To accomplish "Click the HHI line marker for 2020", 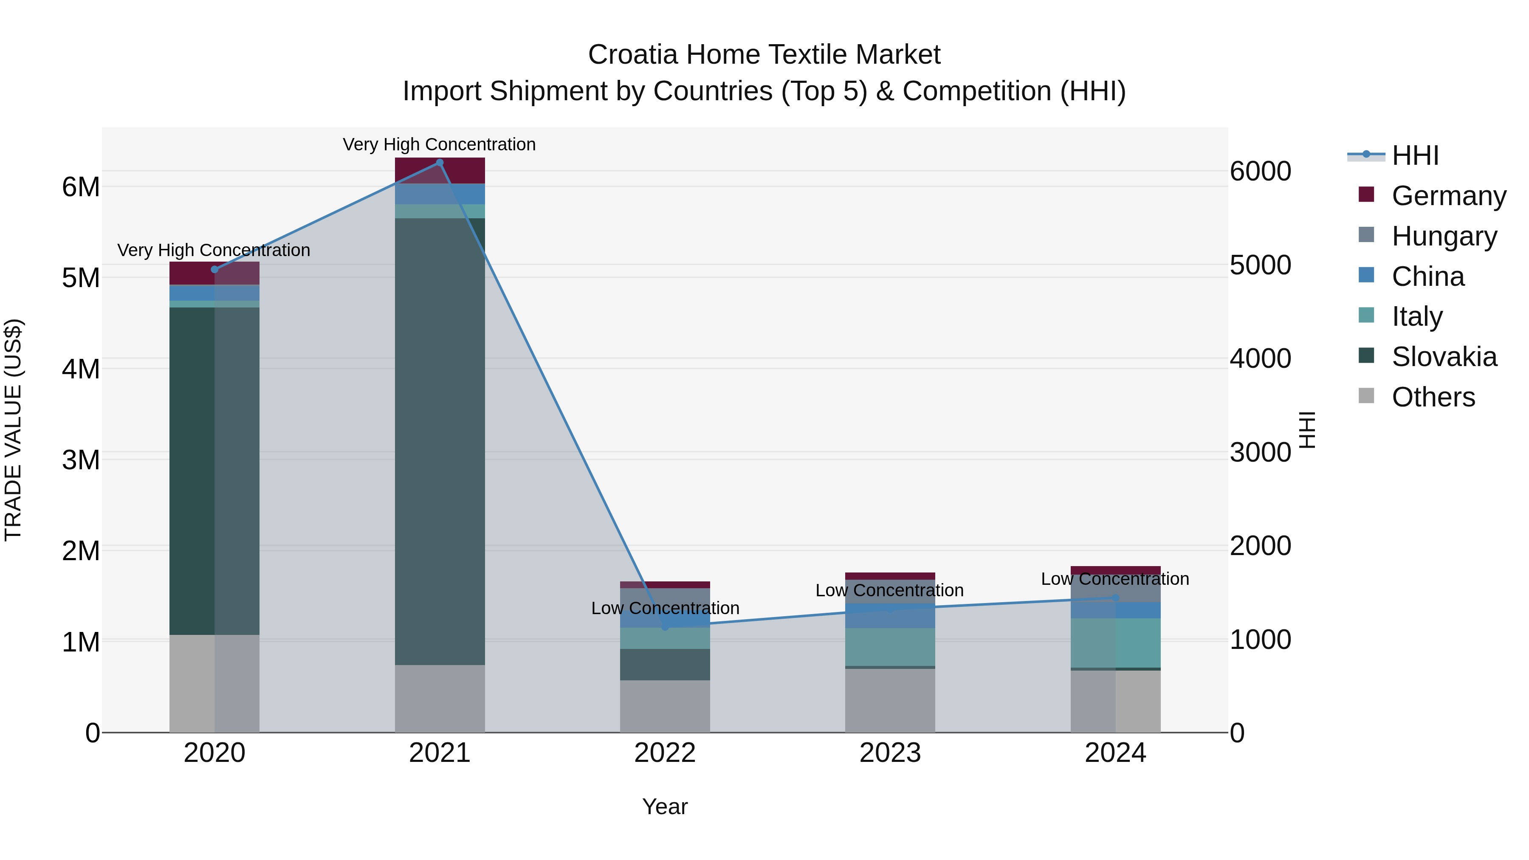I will click(x=214, y=269).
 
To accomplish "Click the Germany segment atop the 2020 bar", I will click(x=214, y=273).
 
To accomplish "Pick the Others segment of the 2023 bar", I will click(x=890, y=700).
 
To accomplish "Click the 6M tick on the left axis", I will click(x=81, y=187).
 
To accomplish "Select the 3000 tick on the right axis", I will click(x=1260, y=452).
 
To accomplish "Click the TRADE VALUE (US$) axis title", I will click(x=13, y=430).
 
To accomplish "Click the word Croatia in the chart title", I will click(x=632, y=55).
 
